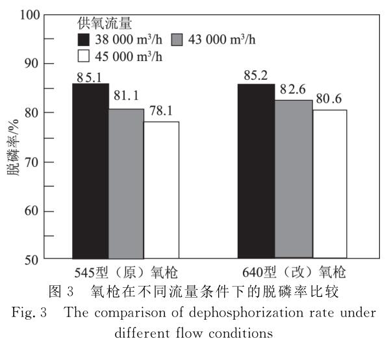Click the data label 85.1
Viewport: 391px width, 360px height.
point(90,77)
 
